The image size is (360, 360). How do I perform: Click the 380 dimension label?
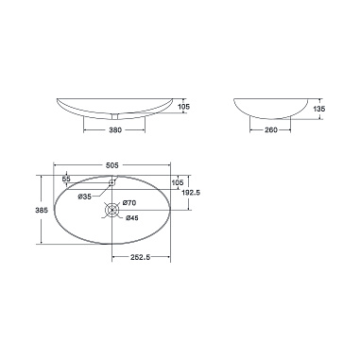(x=115, y=129)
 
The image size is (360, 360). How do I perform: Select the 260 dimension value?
(x=270, y=129)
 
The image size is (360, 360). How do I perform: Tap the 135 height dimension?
(x=319, y=109)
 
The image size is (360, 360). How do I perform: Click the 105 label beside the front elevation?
(x=184, y=107)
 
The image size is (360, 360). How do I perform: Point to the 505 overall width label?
(x=112, y=164)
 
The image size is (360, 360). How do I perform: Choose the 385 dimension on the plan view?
(x=42, y=210)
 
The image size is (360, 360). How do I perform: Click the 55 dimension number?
(x=66, y=179)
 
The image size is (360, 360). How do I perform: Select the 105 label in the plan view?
(x=178, y=182)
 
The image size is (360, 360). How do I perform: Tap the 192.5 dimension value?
(x=191, y=193)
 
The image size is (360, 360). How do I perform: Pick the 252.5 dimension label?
(x=140, y=257)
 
